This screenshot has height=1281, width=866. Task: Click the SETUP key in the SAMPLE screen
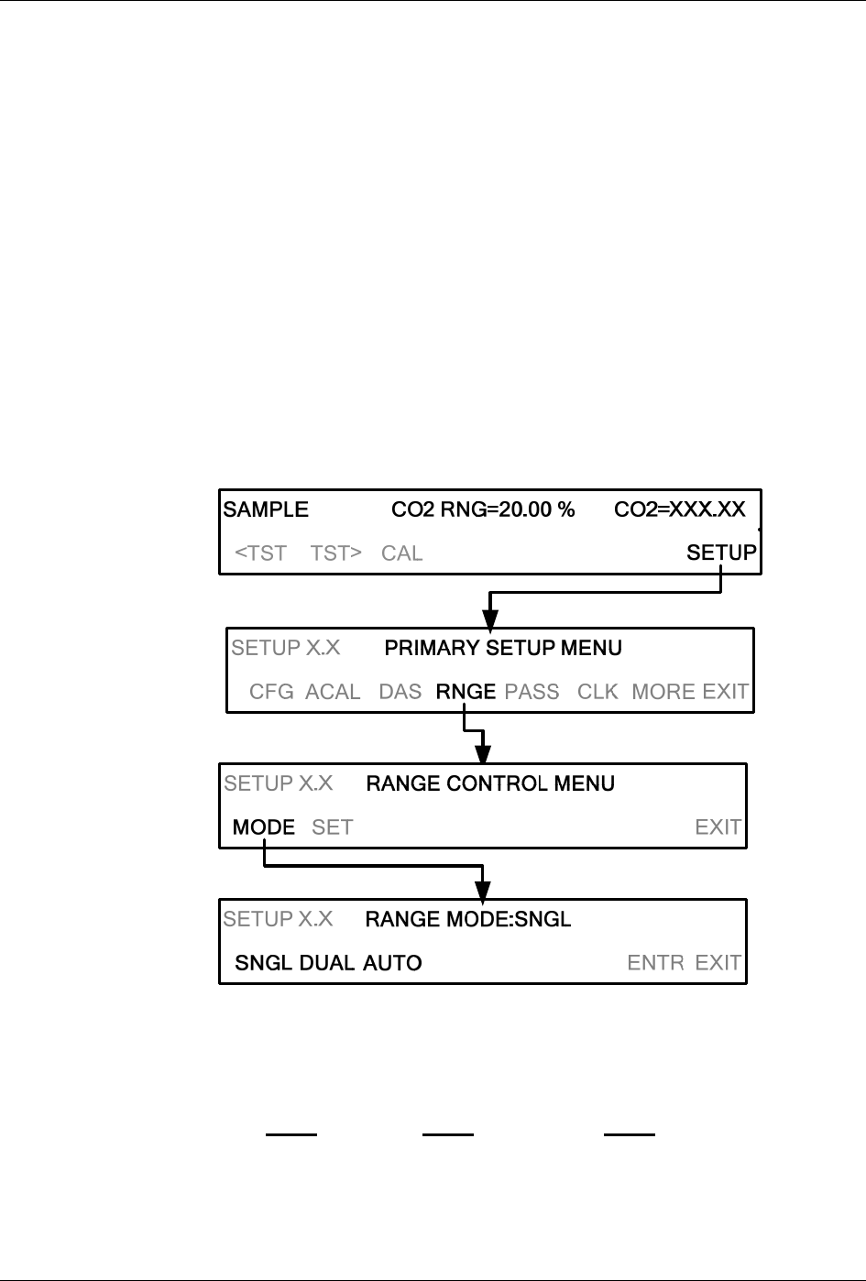721,553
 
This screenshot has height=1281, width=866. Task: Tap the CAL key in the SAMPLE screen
401,553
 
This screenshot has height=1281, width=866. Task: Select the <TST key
261,553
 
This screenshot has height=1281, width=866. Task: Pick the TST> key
335,553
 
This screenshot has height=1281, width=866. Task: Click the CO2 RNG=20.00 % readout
483,509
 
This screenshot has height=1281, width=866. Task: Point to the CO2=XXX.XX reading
679,509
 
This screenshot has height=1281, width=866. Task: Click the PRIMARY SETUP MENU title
503,649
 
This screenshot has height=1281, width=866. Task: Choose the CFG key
271,692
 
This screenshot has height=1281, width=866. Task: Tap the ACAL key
333,692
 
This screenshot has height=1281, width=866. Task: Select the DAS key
400,692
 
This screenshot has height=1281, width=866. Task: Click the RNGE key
466,692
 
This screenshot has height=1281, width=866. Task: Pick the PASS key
532,692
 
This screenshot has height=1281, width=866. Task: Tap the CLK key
597,692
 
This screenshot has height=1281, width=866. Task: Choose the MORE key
663,692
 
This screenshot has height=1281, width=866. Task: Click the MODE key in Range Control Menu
264,827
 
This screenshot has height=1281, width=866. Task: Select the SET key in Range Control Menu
332,827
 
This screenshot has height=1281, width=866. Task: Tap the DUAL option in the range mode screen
327,963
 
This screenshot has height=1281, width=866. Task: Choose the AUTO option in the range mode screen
392,963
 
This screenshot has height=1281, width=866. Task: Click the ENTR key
655,963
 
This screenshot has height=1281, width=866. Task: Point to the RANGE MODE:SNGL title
468,919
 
